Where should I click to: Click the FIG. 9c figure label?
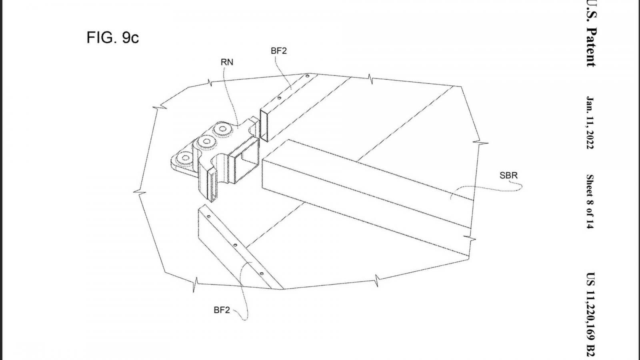click(113, 38)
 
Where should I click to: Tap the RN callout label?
click(227, 62)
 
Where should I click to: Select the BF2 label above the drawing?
click(278, 50)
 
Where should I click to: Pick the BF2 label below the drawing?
click(222, 310)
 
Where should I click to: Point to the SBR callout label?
click(508, 175)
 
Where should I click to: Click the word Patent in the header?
click(591, 48)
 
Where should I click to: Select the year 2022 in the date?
click(590, 140)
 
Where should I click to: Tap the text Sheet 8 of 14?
click(590, 202)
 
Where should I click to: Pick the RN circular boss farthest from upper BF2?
click(185, 158)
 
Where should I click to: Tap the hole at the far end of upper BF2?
click(308, 76)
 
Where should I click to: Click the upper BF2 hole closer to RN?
click(279, 98)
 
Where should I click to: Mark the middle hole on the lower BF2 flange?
click(235, 245)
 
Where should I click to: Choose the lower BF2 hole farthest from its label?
click(208, 216)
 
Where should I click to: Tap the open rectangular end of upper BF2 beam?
click(264, 126)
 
